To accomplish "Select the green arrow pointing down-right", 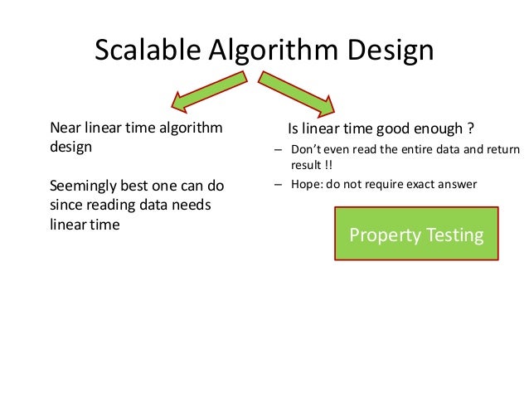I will pos(298,91).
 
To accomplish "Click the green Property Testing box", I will pos(416,235).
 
